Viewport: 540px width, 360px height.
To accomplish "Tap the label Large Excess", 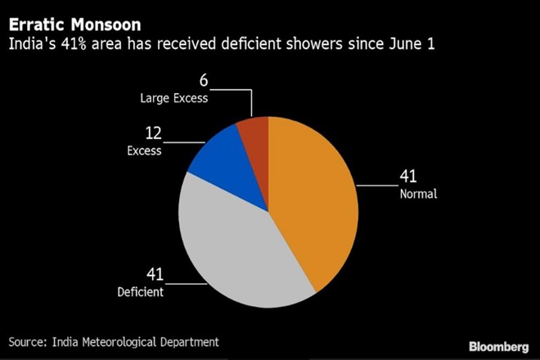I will tap(173, 97).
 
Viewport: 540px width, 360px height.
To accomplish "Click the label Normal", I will tap(418, 195).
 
